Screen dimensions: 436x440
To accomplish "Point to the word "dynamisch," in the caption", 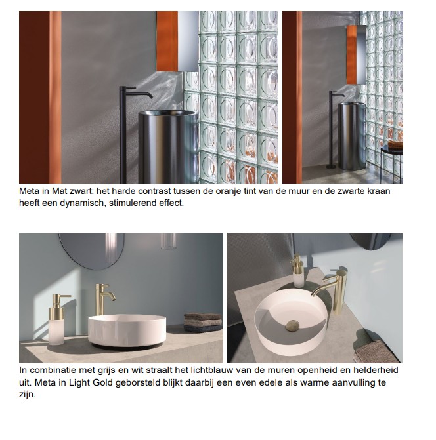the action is point(83,203).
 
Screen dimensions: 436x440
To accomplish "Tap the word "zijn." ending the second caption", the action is point(28,395).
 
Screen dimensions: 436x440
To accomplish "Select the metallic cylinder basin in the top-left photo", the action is point(169,146).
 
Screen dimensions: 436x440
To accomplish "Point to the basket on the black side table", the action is point(396,145).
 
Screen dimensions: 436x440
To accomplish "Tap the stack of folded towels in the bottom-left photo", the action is point(202,323).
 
